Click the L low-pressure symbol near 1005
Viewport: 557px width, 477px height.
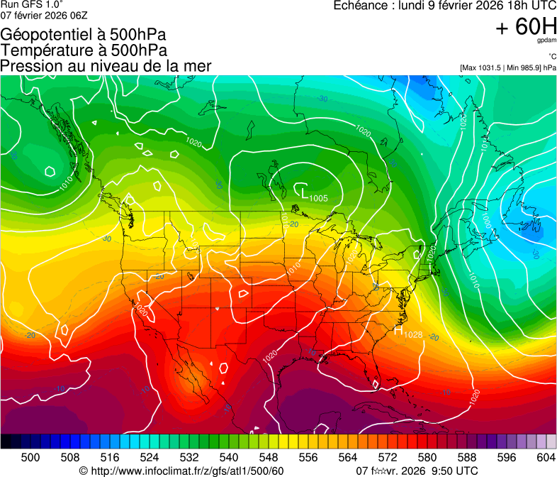(303, 192)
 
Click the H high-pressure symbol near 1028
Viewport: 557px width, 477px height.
(398, 329)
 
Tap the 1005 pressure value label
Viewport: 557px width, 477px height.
(318, 198)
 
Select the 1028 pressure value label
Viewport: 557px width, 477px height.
(412, 335)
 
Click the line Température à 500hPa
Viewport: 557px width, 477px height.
(84, 50)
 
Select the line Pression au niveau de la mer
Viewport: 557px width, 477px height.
(106, 66)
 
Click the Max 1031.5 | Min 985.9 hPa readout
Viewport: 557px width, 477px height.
(507, 67)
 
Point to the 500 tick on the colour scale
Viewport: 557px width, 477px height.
(30, 457)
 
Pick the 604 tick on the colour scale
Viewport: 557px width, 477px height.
(546, 457)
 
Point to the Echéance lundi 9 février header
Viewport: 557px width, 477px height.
(444, 6)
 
